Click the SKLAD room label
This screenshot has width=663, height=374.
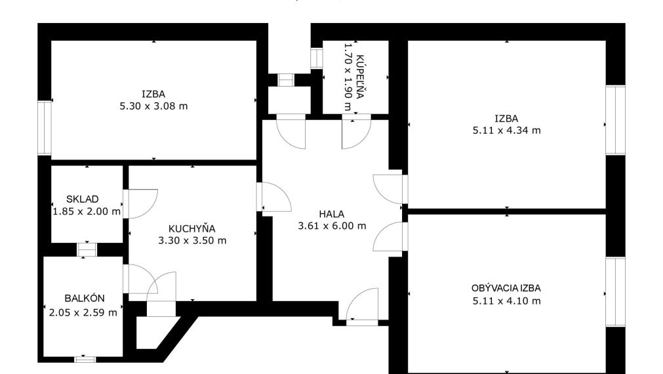tap(83, 199)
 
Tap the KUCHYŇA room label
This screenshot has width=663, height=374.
tap(192, 228)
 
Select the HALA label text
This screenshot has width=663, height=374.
tap(332, 214)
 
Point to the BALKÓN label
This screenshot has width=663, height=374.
tap(85, 299)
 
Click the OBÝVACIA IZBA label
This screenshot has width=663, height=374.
tap(506, 288)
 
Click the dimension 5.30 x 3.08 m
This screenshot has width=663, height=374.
tap(153, 106)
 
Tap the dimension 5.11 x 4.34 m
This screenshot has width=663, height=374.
tap(506, 131)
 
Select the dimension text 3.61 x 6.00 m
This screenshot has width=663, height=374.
tap(332, 226)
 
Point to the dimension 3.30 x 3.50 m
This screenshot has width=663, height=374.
tap(192, 241)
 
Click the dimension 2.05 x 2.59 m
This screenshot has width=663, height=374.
tap(83, 313)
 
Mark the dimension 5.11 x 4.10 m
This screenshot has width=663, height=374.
tap(506, 301)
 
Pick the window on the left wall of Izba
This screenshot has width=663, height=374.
tap(45, 128)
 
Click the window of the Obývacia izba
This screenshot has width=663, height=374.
tap(616, 291)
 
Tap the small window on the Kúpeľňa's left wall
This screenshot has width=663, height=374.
tap(317, 58)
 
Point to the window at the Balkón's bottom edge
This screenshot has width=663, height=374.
tap(85, 360)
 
